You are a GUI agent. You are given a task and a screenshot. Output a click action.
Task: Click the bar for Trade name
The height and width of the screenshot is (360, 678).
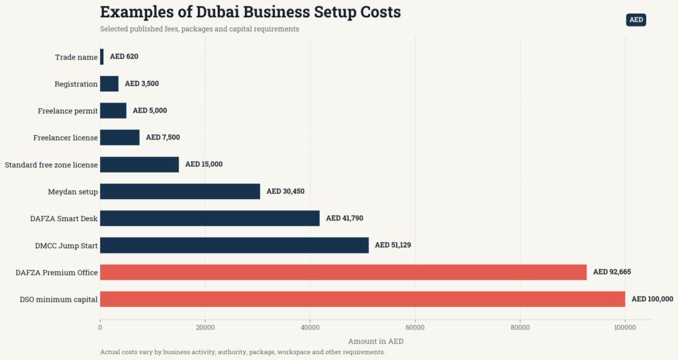pos(102,57)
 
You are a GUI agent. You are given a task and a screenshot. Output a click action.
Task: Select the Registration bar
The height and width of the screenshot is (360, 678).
pos(109,83)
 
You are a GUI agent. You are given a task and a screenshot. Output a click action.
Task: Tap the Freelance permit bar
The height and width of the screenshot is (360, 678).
pos(113,111)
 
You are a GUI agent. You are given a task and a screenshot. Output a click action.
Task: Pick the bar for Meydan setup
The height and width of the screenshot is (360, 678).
pos(180,191)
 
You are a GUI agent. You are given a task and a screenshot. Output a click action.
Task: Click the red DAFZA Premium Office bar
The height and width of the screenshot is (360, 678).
pos(344,272)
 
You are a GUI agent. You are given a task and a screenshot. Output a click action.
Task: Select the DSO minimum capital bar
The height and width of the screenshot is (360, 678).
pos(363,299)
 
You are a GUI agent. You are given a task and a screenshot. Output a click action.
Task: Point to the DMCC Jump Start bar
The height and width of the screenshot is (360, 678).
pos(234,245)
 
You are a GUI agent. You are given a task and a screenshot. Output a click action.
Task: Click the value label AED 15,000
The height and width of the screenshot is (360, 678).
pos(204,164)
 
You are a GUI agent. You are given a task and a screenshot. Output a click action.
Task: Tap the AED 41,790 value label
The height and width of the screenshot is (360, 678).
pos(344,218)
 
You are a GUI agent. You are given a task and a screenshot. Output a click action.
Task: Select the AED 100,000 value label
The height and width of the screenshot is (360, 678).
pos(652,299)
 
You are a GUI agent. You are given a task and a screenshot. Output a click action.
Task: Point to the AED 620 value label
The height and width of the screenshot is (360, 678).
pos(124,57)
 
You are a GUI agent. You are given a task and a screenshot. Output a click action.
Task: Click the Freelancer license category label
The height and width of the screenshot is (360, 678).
pos(66,138)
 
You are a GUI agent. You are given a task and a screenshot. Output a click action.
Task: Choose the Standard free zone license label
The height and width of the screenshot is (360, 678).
pos(52,165)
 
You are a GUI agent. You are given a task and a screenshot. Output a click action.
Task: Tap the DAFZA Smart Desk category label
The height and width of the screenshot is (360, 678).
pos(64,218)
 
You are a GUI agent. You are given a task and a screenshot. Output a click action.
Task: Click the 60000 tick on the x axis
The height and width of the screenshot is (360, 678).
pos(415,328)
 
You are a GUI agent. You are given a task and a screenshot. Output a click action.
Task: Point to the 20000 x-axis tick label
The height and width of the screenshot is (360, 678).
pos(205,328)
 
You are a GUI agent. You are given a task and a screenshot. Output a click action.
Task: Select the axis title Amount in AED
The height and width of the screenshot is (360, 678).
pos(376,341)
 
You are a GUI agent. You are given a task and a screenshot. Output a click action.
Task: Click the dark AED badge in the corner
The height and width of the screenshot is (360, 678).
pos(636,20)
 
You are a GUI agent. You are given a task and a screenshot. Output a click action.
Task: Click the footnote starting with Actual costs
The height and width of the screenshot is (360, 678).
pos(242,352)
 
